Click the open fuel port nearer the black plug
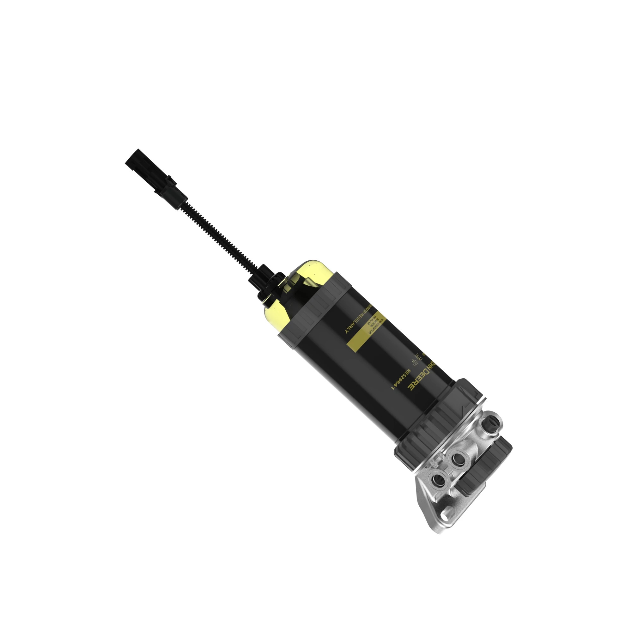point(458,460)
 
